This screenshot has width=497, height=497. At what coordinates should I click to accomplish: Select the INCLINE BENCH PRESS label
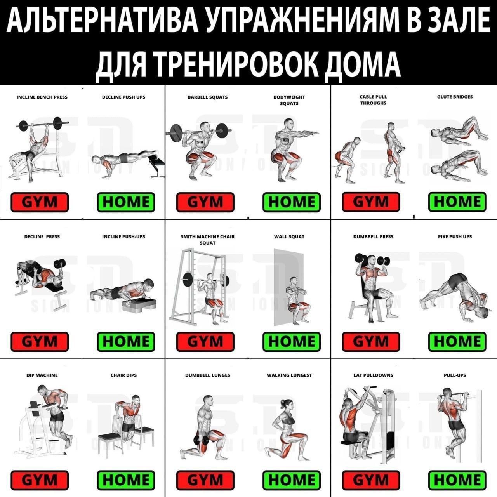42,97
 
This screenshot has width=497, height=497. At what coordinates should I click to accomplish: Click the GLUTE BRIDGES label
455,97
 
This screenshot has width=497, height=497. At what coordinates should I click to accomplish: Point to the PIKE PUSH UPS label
455,236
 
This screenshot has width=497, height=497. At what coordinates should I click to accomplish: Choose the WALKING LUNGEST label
289,375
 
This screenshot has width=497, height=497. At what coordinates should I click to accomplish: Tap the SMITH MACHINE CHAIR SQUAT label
208,240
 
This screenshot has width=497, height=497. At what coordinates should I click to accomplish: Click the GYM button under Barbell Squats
205,202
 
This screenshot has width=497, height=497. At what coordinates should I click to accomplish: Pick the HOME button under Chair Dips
126,480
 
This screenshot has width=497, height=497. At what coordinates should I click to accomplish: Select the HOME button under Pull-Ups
457,480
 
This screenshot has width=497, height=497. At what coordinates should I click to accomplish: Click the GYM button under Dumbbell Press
371,342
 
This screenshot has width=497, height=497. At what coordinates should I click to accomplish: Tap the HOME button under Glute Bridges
457,202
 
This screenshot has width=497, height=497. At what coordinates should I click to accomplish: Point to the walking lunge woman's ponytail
283,403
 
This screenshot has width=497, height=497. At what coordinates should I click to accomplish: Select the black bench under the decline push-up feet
157,165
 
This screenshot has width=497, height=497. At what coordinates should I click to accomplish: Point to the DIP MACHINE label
42,375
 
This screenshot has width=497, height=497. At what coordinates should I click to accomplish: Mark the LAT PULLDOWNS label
373,375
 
